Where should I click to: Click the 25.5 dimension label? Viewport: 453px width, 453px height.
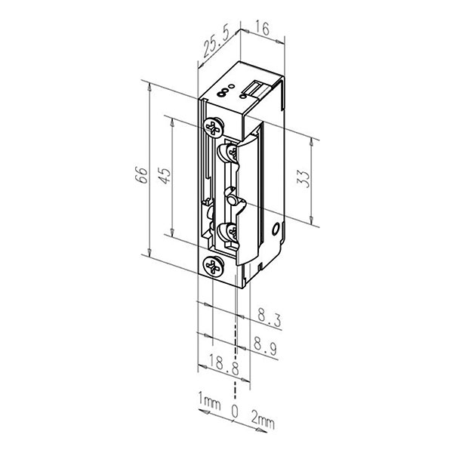tap(216, 43)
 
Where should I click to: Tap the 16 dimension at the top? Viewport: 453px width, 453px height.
tap(262, 29)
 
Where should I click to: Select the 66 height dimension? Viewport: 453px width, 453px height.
tap(142, 175)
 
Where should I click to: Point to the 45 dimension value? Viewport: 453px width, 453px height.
tap(165, 175)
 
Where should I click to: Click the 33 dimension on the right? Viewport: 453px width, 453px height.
tap(304, 179)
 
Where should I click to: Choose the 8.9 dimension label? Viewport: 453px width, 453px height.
tap(265, 346)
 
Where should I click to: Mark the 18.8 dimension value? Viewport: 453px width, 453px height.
tap(223, 365)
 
